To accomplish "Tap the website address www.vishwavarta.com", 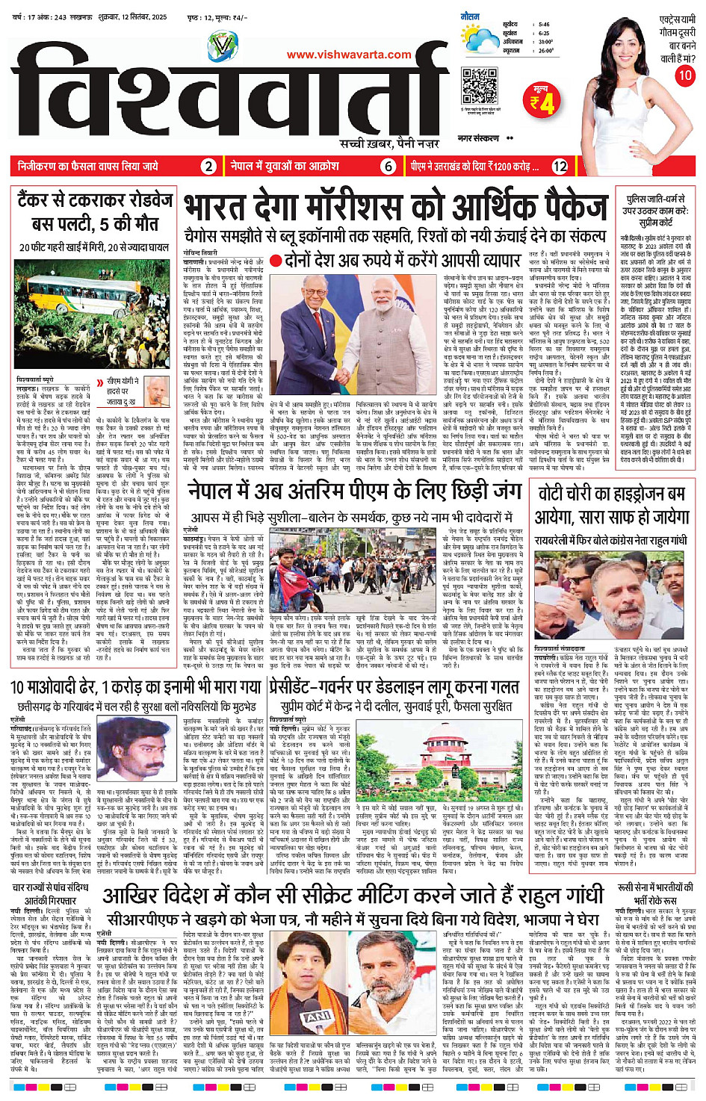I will [349, 54].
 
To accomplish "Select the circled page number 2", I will [209, 167].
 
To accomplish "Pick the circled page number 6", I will [388, 167].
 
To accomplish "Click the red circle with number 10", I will [684, 75].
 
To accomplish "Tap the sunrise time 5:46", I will [543, 24].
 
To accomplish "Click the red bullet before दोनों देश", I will [276, 261].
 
